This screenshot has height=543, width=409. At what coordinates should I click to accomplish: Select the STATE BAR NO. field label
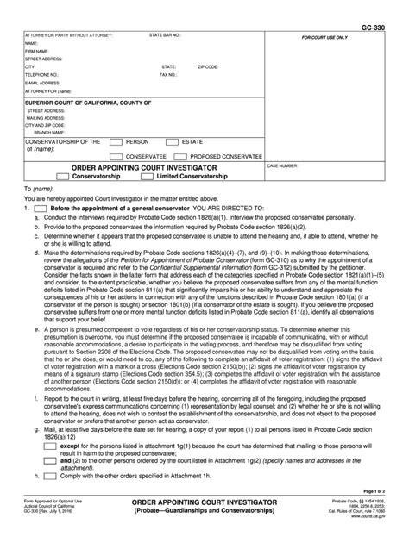pos(165,36)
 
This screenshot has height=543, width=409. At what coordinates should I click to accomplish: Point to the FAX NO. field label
pos(169,74)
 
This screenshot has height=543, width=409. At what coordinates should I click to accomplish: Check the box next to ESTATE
pos(175,140)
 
